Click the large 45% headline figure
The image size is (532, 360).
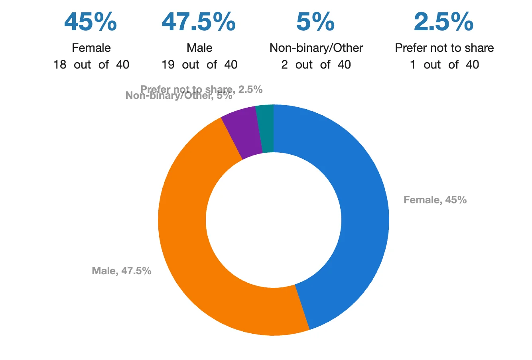tap(91, 22)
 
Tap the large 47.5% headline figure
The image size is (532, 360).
tap(199, 22)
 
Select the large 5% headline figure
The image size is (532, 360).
tap(315, 22)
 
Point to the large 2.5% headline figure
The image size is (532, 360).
tap(443, 22)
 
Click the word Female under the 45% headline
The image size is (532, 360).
tap(91, 48)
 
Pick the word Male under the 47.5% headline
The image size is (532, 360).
tap(199, 48)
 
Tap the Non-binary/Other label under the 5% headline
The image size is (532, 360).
tap(316, 48)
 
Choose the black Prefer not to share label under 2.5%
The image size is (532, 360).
tap(444, 48)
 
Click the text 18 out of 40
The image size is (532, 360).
tap(91, 65)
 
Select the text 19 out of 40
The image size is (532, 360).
tap(199, 65)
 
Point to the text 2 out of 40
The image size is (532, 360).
tap(316, 65)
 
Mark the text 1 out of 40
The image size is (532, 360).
tap(444, 65)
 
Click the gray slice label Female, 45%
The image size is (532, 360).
tap(435, 200)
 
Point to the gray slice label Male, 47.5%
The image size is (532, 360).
tap(122, 271)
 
